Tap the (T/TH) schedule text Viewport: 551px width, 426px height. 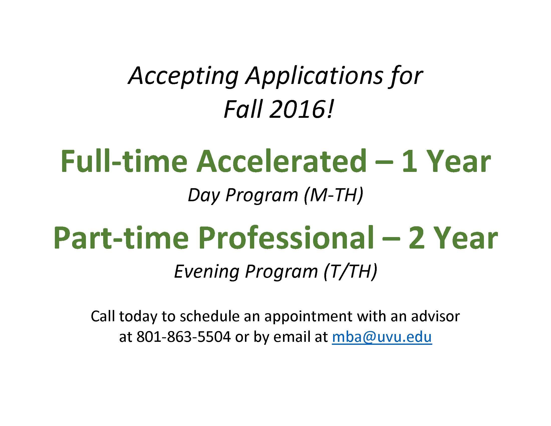pyautogui.click(x=351, y=272)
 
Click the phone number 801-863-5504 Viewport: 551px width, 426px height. pyautogui.click(x=184, y=337)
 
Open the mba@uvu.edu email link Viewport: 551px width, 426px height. pyautogui.click(x=382, y=337)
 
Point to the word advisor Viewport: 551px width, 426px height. pyautogui.click(x=436, y=316)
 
